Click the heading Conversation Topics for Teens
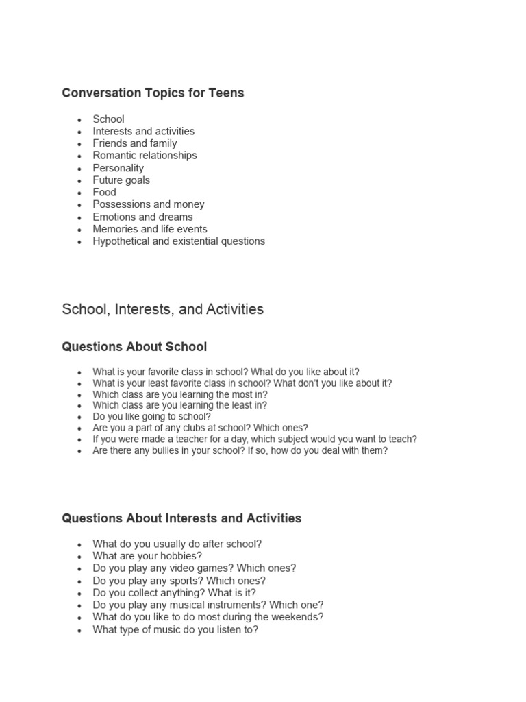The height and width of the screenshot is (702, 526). coord(153,93)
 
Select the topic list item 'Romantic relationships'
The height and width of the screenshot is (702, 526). coord(145,156)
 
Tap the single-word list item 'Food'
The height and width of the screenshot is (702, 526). coord(105,192)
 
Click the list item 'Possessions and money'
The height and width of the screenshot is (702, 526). coord(149,204)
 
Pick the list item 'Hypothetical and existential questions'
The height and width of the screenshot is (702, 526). coord(179,241)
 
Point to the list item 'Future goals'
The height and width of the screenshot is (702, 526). coord(121,180)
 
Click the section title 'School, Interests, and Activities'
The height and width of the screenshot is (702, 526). coord(162,309)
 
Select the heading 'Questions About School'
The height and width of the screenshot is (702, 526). coord(134,347)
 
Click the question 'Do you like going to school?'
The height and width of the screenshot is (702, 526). coord(152,416)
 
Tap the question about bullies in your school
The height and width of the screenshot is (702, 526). coord(240,451)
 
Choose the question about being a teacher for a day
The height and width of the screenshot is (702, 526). coord(255,439)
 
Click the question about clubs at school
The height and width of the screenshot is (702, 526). coord(201,428)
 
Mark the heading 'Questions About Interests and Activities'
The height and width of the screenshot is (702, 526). coord(181,518)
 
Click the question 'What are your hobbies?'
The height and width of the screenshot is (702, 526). coord(147,556)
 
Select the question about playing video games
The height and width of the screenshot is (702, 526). coord(195,568)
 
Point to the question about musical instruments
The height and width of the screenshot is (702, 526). coord(208,605)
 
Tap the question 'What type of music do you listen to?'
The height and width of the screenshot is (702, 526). coord(175,629)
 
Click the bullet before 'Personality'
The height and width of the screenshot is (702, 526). coord(79,169)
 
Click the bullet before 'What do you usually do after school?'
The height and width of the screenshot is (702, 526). coord(79,544)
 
